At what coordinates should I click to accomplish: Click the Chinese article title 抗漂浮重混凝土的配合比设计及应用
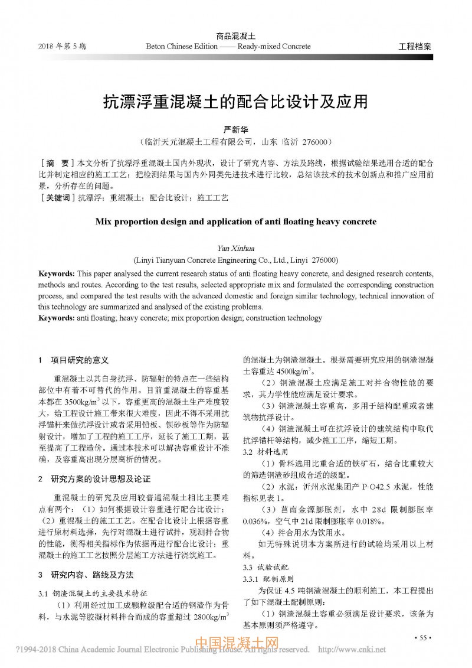(x=235, y=101)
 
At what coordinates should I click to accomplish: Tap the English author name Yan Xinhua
(x=235, y=248)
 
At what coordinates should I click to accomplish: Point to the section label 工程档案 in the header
(x=415, y=47)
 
